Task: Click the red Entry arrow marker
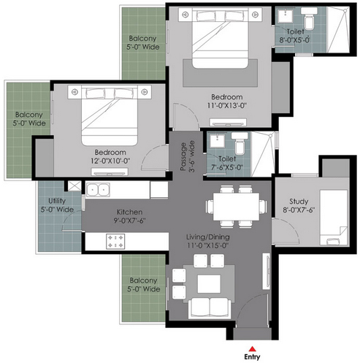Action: (253, 348)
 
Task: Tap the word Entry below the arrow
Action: (252, 357)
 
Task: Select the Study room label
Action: (299, 205)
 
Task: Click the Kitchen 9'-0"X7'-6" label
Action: (129, 216)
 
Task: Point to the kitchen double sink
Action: (98, 190)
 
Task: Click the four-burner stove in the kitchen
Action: (115, 241)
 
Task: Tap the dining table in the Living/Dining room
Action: (236, 207)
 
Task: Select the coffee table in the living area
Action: (209, 284)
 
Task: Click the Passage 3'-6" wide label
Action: (188, 157)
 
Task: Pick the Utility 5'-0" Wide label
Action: (57, 205)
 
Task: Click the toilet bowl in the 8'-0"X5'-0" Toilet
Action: (310, 21)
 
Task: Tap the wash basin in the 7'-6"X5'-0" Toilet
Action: (218, 141)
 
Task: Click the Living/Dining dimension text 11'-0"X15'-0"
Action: (208, 245)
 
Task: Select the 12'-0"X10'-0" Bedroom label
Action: (110, 156)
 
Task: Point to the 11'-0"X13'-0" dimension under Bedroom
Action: (227, 105)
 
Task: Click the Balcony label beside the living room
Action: (143, 285)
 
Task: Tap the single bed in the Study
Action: (334, 218)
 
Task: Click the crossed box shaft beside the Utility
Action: (74, 186)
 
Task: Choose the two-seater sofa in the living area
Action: (210, 307)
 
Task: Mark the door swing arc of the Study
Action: (290, 226)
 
